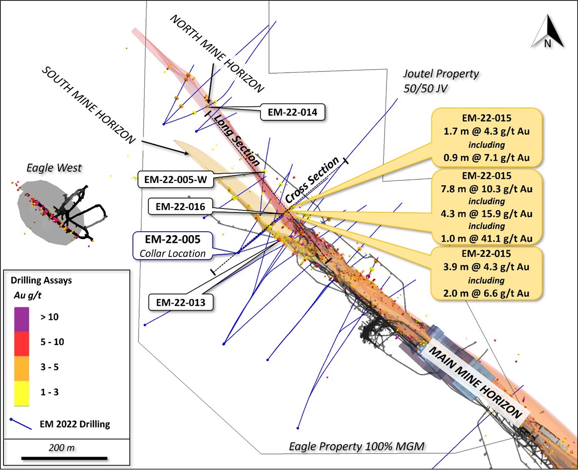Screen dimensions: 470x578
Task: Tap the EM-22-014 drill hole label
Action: click(x=293, y=112)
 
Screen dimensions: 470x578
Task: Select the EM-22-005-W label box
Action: click(x=175, y=180)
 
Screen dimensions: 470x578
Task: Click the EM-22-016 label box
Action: click(x=180, y=207)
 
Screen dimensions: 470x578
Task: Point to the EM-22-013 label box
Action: click(x=181, y=303)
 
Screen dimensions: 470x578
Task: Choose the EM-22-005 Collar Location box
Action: click(x=173, y=246)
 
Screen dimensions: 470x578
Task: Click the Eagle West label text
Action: click(x=54, y=168)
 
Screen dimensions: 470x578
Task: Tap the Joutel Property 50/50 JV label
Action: click(x=441, y=81)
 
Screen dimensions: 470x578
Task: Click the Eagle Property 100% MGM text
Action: click(x=356, y=446)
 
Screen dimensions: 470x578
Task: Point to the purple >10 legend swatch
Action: click(x=22, y=319)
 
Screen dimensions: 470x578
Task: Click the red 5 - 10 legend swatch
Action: click(x=22, y=344)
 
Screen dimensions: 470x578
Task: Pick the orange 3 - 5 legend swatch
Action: click(x=22, y=368)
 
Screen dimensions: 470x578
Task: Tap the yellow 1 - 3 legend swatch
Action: click(x=22, y=393)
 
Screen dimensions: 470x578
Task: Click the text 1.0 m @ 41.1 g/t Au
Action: click(x=486, y=238)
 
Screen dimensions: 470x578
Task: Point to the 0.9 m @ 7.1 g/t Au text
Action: click(x=486, y=158)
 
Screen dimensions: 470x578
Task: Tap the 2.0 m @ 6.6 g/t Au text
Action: click(x=486, y=293)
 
